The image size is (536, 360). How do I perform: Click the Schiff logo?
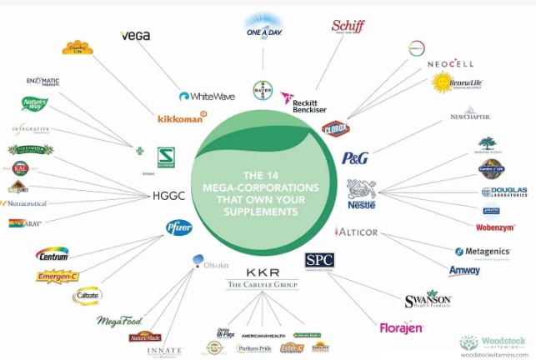pyautogui.click(x=348, y=26)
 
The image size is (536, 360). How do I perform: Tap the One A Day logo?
pyautogui.click(x=263, y=27)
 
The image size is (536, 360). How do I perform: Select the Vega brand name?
pyautogui.click(x=135, y=36)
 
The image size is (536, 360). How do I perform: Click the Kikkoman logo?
pyautogui.click(x=182, y=118)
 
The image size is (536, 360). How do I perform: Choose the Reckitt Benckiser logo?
pyautogui.click(x=306, y=102)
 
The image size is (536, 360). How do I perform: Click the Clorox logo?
pyautogui.click(x=334, y=128)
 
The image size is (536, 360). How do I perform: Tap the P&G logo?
pyautogui.click(x=354, y=157)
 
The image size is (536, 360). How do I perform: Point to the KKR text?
pyautogui.click(x=263, y=272)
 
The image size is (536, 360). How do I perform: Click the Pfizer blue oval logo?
pyautogui.click(x=178, y=227)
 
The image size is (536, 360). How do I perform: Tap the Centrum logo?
pyautogui.click(x=52, y=252)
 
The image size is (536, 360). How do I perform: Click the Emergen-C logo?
pyautogui.click(x=58, y=276)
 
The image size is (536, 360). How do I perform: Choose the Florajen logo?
pyautogui.click(x=401, y=327)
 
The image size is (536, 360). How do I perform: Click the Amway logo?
pyautogui.click(x=464, y=271)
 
